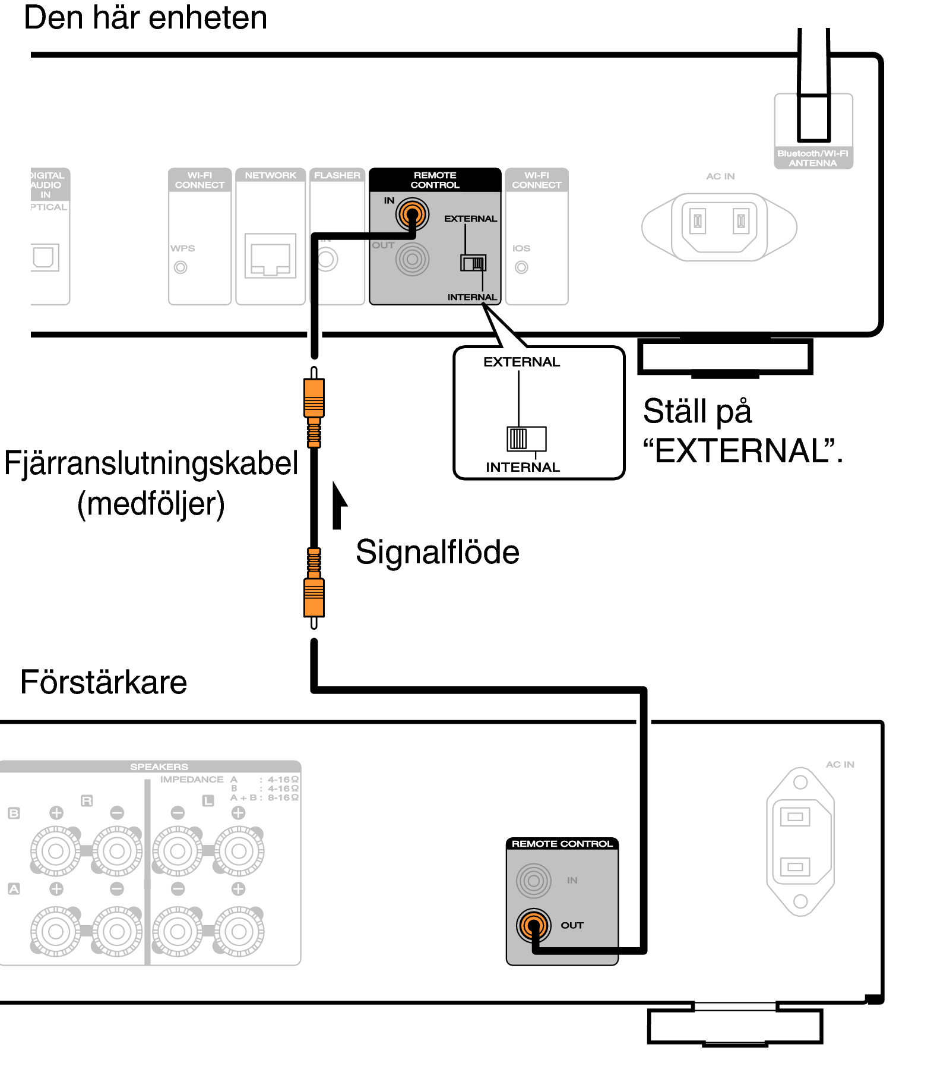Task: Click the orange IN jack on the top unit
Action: (412, 215)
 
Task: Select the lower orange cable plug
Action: (314, 597)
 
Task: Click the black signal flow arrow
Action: (338, 505)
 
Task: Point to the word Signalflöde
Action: (437, 552)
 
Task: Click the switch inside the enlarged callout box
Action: (525, 439)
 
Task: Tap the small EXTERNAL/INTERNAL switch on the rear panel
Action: (473, 263)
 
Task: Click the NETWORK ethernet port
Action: (270, 256)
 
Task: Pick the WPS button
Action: (181, 267)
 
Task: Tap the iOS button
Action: (521, 267)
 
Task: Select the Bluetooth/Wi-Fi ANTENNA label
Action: (813, 158)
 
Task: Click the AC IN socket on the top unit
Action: (719, 226)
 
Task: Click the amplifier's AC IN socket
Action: (800, 841)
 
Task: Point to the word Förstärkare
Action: (103, 682)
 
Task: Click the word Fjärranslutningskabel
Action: (151, 463)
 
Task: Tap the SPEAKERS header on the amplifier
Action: (159, 767)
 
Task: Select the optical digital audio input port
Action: (45, 257)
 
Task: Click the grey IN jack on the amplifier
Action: (533, 880)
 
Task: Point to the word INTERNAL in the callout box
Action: (523, 467)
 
